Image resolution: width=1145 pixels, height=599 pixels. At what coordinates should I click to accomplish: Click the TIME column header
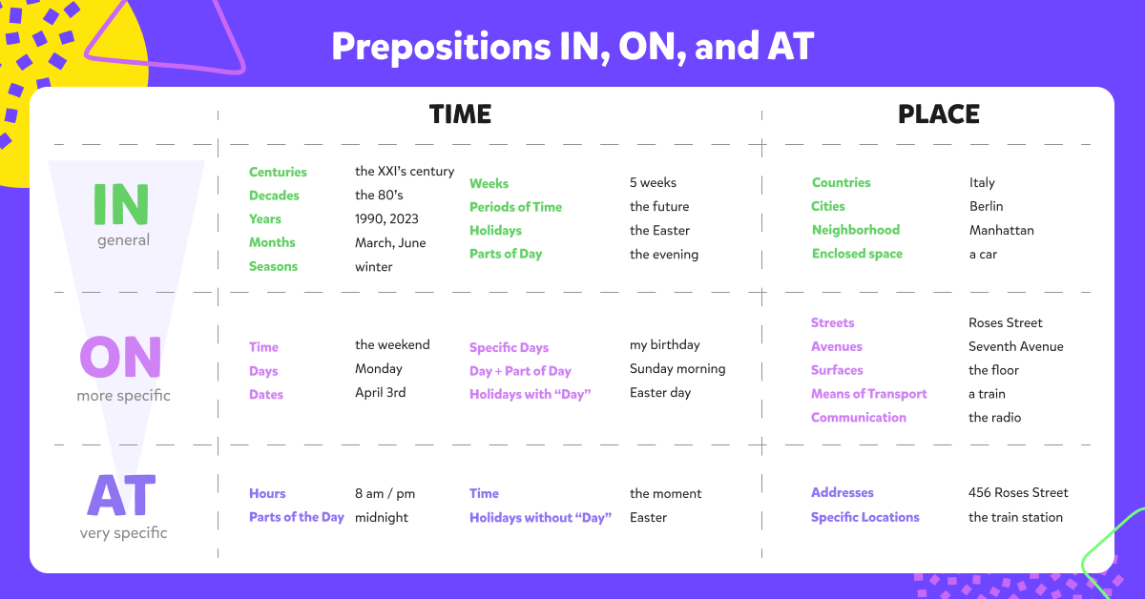pos(460,114)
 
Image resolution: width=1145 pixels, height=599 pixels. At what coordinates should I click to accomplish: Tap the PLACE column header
pos(939,114)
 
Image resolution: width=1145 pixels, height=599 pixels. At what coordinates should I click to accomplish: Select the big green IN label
pos(121,204)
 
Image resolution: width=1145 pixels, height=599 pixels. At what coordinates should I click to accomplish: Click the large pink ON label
pos(120,357)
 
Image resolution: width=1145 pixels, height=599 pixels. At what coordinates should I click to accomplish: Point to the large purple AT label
pos(122,495)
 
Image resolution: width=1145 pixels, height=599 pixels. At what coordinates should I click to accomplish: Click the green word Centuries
pos(278,172)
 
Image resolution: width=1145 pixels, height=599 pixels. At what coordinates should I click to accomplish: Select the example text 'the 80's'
pos(379,196)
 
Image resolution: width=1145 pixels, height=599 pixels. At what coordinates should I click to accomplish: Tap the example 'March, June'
pos(390,243)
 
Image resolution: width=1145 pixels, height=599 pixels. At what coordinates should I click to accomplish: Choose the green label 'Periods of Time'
pos(515,207)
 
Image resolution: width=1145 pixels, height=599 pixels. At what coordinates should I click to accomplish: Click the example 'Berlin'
pos(986,206)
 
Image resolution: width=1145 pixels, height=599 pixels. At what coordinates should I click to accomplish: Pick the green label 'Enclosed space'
pos(857,254)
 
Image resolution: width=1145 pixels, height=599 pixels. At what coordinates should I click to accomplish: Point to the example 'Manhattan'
pos(1001,231)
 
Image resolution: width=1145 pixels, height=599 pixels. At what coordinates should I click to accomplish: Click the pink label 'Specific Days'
pos(509,347)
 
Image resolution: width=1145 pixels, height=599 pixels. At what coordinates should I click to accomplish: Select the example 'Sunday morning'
pos(677,369)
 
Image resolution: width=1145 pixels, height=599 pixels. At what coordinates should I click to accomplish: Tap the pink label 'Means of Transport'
pos(868,394)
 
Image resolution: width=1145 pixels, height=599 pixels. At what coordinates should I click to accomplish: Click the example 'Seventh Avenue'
pos(1015,346)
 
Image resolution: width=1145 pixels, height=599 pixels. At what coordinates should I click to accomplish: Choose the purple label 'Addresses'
pos(842,493)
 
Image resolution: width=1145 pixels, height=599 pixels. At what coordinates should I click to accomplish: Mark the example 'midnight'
pos(382,517)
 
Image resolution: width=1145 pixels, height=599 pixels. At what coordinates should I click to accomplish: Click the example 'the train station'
pos(1015,517)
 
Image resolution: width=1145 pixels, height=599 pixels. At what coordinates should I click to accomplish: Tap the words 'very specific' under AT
pos(123,533)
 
